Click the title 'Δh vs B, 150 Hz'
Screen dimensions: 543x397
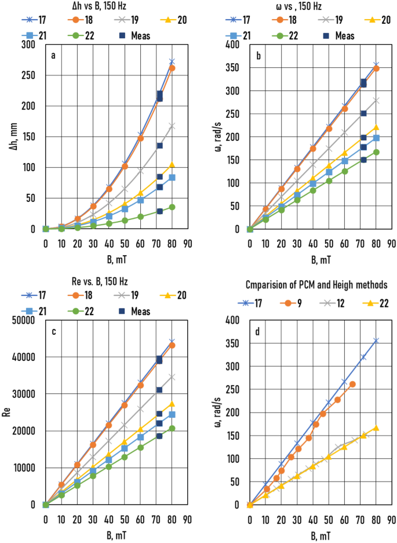pos(103,6)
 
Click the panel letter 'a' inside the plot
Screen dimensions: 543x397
pos(53,56)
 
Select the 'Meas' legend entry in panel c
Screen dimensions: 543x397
pos(140,312)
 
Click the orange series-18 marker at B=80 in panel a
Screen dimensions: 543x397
pos(172,68)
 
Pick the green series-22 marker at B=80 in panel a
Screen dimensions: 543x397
pos(172,207)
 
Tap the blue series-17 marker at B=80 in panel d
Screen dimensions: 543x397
pos(376,341)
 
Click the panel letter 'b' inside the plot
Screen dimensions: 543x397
pos(258,56)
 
